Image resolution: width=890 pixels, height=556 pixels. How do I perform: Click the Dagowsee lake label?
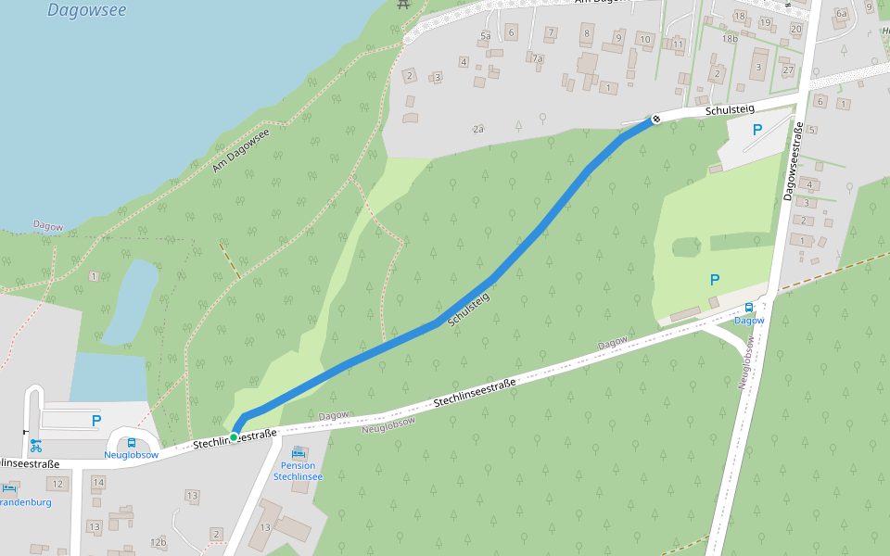tap(86, 11)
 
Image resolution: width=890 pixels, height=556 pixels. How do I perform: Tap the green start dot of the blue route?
tap(234, 436)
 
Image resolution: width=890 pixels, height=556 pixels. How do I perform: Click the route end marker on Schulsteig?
tap(655, 119)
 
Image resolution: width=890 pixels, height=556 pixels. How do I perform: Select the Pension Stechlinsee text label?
tap(298, 471)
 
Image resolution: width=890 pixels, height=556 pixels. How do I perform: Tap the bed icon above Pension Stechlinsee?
tap(299, 452)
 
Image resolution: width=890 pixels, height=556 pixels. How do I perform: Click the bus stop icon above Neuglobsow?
tap(132, 442)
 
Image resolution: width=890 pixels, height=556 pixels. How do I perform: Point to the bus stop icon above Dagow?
tap(749, 309)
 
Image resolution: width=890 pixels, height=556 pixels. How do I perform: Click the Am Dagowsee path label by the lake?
tap(240, 150)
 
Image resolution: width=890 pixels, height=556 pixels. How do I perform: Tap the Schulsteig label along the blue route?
tap(467, 310)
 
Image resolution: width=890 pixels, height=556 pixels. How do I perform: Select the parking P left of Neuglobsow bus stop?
tap(95, 421)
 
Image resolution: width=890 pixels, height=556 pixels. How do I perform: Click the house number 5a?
tap(485, 35)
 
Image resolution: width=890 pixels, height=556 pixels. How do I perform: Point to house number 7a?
tap(537, 57)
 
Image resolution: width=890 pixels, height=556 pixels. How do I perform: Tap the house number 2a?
tap(478, 129)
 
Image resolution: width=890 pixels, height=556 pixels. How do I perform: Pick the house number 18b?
tap(731, 39)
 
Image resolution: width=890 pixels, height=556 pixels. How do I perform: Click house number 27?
tap(788, 70)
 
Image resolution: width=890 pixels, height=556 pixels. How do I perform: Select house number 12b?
tap(159, 541)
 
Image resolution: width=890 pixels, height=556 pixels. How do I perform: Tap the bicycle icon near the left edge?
tap(35, 444)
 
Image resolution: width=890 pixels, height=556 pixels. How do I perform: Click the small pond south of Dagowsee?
tap(130, 301)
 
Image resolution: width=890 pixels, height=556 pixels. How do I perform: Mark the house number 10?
tap(645, 39)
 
